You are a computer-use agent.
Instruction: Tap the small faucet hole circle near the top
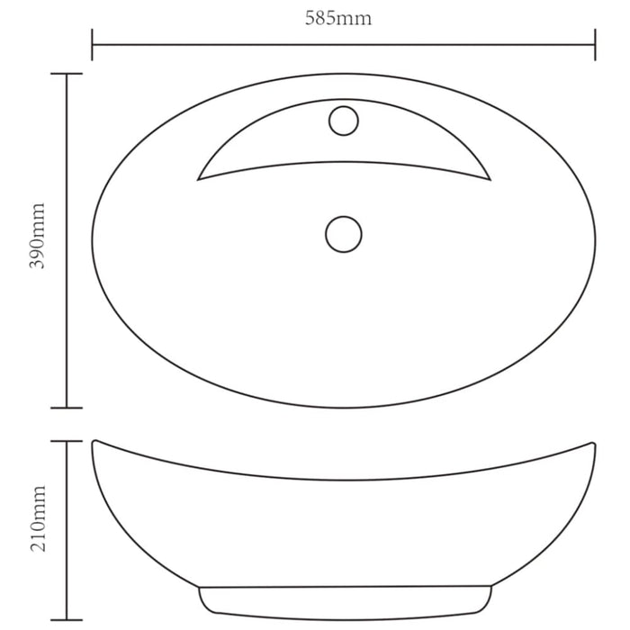pos(343,120)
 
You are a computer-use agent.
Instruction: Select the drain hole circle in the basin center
pos(343,234)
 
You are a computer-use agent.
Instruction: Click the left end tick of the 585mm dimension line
pos(92,44)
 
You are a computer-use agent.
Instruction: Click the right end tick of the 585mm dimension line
pos(595,44)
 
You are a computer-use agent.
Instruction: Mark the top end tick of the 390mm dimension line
pos(67,74)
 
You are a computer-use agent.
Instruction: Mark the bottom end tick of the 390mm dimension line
pos(67,408)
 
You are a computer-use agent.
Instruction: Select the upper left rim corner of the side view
pos(94,442)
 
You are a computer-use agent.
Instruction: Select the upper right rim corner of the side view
pos(593,442)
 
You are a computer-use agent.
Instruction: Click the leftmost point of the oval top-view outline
pos(92,240)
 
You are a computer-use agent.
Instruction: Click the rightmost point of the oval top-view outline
pos(595,240)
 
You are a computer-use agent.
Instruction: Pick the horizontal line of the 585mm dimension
pos(225,44)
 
